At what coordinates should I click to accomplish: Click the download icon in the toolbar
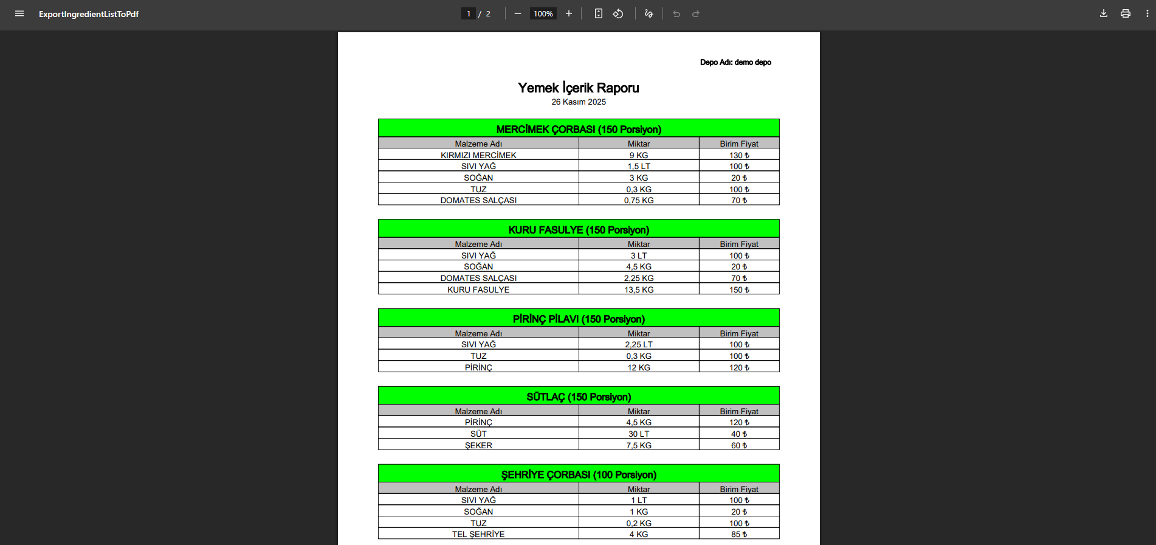[1103, 13]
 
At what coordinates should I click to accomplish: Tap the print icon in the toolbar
[1125, 13]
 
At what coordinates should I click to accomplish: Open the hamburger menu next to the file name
[19, 13]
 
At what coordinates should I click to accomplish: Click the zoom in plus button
[568, 13]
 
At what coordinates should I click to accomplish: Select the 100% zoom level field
[543, 13]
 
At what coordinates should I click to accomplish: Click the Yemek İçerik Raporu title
[578, 88]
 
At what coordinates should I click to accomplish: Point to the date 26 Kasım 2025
[578, 102]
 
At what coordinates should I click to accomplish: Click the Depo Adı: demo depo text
[735, 62]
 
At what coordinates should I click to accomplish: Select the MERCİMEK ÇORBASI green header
[578, 129]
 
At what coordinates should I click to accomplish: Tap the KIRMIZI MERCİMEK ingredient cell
[478, 155]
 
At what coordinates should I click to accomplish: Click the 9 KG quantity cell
[638, 155]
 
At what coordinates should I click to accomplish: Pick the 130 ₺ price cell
[738, 155]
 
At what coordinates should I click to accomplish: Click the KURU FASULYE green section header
[578, 229]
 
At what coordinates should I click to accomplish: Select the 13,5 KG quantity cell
[638, 290]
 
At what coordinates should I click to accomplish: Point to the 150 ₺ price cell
[738, 290]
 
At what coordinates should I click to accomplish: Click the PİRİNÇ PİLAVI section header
[578, 319]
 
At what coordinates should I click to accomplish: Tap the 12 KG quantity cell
[638, 367]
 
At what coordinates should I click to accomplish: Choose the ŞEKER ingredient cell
[478, 445]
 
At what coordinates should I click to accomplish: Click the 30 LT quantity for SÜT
[638, 434]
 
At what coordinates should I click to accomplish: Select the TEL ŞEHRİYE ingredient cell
[478, 534]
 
